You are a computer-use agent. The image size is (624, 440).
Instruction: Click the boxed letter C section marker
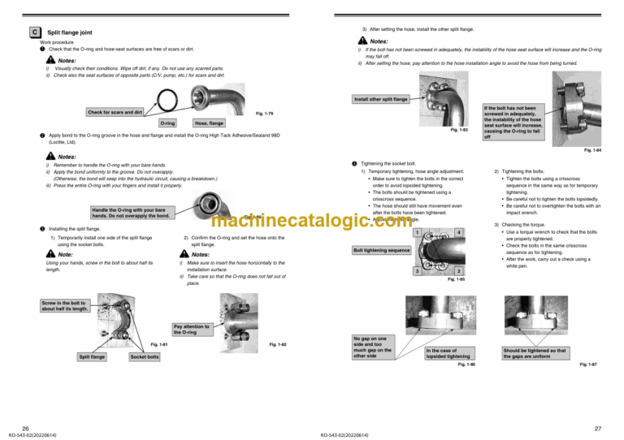34,32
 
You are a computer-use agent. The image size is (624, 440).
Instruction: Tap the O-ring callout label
168,123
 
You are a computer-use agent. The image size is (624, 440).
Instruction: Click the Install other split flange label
379,100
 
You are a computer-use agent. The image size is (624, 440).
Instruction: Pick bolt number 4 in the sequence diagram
458,234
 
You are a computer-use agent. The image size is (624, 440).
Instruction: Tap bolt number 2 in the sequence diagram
458,270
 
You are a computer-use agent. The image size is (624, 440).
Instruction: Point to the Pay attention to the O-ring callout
191,330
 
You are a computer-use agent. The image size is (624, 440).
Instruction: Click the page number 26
26,427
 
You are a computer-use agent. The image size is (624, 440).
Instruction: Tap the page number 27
597,427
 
